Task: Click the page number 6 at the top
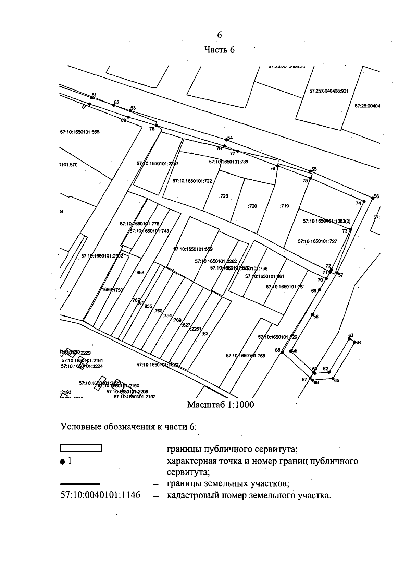(219, 35)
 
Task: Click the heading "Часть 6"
(220, 50)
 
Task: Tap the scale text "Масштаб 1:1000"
(221, 405)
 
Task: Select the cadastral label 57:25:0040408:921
(329, 91)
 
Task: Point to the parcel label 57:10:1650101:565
(80, 132)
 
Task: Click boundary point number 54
(226, 140)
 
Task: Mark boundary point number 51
(91, 98)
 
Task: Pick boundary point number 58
(312, 314)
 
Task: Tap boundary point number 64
(355, 342)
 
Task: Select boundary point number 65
(333, 378)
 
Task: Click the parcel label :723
(223, 196)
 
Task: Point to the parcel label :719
(284, 206)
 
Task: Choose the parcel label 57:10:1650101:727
(317, 241)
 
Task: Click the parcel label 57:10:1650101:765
(245, 356)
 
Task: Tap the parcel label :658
(140, 273)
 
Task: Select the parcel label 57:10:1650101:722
(192, 181)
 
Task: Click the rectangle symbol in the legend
(81, 448)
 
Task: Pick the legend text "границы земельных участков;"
(228, 484)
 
